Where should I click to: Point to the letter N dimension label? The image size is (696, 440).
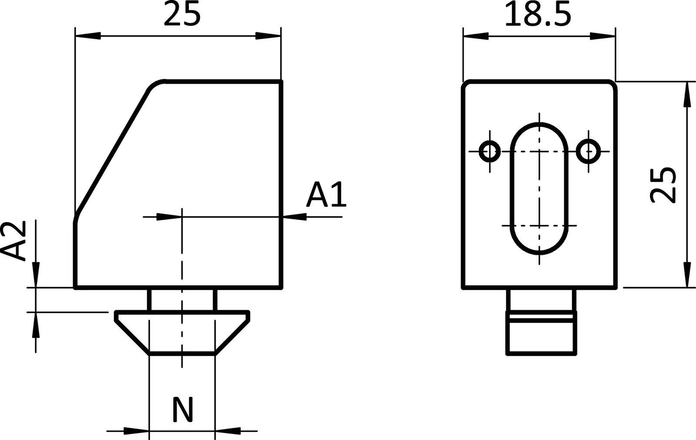(x=182, y=410)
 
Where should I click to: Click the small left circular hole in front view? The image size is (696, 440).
(x=489, y=152)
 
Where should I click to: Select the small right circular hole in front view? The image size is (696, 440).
(x=588, y=152)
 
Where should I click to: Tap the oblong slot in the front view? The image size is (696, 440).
(x=539, y=188)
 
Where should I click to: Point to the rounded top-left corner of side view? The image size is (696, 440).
(x=155, y=85)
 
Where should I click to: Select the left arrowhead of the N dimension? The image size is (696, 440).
(x=137, y=431)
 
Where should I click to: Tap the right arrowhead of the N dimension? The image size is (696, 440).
(x=227, y=431)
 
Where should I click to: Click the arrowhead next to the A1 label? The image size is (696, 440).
(x=294, y=216)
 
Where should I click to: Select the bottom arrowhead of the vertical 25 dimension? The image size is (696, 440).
(x=687, y=274)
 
